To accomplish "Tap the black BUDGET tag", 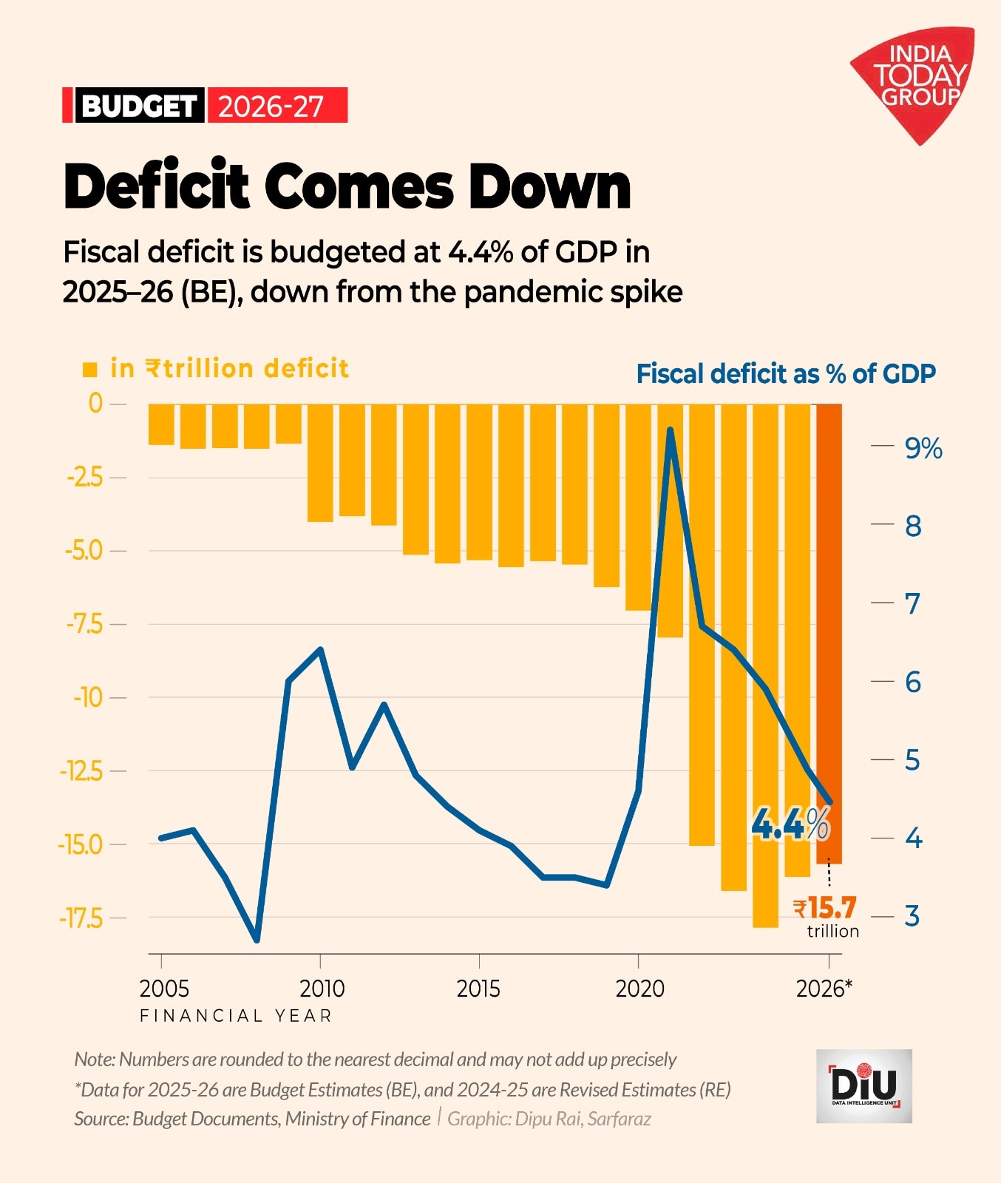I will [139, 106].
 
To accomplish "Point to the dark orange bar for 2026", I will [829, 628].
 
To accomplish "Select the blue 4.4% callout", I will [790, 824].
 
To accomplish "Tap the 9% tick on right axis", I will [923, 448].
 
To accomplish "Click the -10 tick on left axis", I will [88, 697].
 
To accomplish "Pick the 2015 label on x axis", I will [478, 989].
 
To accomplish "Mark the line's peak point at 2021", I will [670, 430].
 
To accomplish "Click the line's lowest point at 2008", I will [257, 940].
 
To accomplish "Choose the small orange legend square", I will [90, 370].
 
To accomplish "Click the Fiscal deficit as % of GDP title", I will [785, 374].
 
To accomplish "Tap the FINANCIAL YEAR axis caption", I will [236, 1015].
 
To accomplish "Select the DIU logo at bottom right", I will [863, 1085].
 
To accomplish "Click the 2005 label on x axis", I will [164, 989].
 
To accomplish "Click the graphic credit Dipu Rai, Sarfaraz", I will [549, 1119].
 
